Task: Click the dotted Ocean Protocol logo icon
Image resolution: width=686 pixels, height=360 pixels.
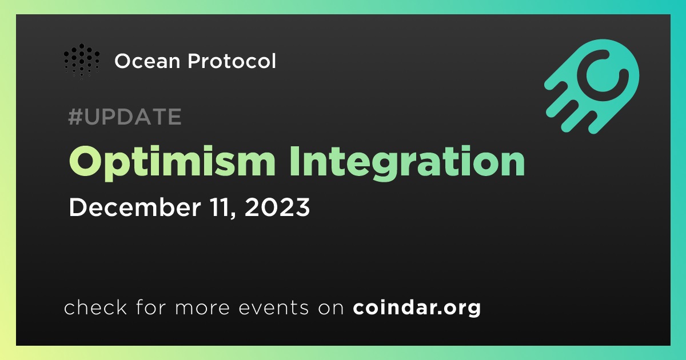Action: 82,62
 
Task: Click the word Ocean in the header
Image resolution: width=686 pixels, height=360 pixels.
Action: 147,61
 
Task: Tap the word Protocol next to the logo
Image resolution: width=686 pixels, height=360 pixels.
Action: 232,61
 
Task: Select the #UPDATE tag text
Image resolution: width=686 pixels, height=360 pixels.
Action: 125,117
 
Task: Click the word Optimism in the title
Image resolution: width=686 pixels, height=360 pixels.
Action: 172,162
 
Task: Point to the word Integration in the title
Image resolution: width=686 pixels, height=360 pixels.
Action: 408,162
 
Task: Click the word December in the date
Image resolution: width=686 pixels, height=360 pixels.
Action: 135,207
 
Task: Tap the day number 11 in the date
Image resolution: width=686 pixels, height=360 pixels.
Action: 221,207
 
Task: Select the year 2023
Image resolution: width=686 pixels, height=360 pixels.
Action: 277,207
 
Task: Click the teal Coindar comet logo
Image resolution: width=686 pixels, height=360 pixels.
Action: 592,86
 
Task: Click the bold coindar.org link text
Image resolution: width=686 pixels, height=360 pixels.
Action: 417,307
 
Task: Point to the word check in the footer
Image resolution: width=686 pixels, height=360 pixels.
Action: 95,307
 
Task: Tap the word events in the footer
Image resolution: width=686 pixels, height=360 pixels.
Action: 274,308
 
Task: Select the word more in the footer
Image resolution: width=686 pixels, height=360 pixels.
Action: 202,308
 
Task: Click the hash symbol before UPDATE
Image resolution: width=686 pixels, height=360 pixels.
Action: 75,117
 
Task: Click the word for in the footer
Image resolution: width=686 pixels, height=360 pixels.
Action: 151,307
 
